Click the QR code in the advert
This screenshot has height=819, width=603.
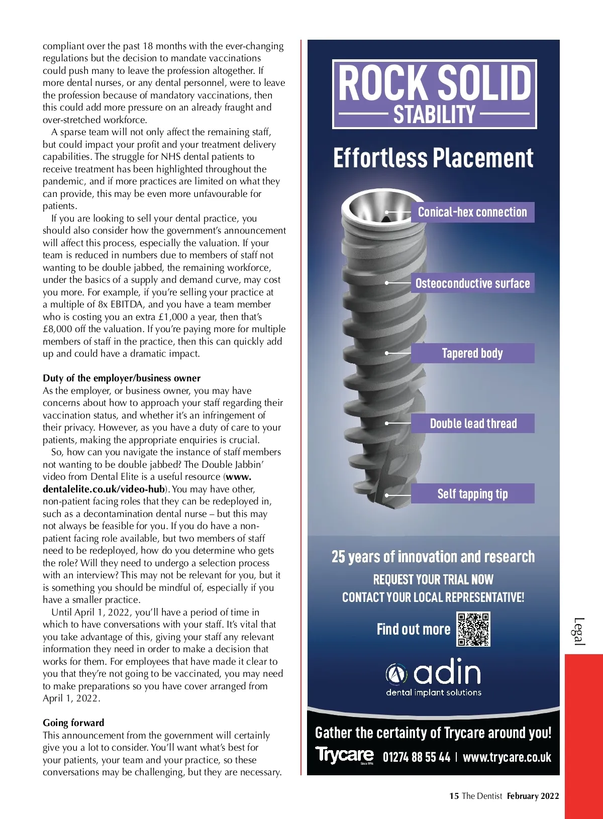pyautogui.click(x=473, y=629)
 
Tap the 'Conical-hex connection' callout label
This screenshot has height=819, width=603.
pyautogui.click(x=472, y=212)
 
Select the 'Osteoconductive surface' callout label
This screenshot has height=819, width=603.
pyautogui.click(x=472, y=283)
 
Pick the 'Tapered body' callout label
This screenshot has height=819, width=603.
pyautogui.click(x=472, y=353)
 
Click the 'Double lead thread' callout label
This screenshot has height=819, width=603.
pyautogui.click(x=473, y=424)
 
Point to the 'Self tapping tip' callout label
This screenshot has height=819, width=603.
pyautogui.click(x=472, y=494)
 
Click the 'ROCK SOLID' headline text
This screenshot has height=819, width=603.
pyautogui.click(x=435, y=83)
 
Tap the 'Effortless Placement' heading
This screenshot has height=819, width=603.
pyautogui.click(x=433, y=158)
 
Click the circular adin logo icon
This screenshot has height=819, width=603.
pyautogui.click(x=396, y=674)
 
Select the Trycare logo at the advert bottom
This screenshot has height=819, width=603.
pyautogui.click(x=345, y=755)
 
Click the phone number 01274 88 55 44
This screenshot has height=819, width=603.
pyautogui.click(x=416, y=757)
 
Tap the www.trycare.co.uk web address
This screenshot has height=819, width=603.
pyautogui.click(x=507, y=757)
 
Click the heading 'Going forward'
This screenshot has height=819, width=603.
pyautogui.click(x=73, y=723)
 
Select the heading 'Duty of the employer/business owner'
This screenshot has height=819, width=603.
pyautogui.click(x=122, y=378)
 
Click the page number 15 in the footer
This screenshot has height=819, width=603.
pyautogui.click(x=454, y=796)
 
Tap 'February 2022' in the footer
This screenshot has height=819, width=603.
pyautogui.click(x=533, y=796)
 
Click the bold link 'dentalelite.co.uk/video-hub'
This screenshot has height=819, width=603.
pyautogui.click(x=104, y=489)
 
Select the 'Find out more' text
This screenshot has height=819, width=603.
pyautogui.click(x=413, y=629)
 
